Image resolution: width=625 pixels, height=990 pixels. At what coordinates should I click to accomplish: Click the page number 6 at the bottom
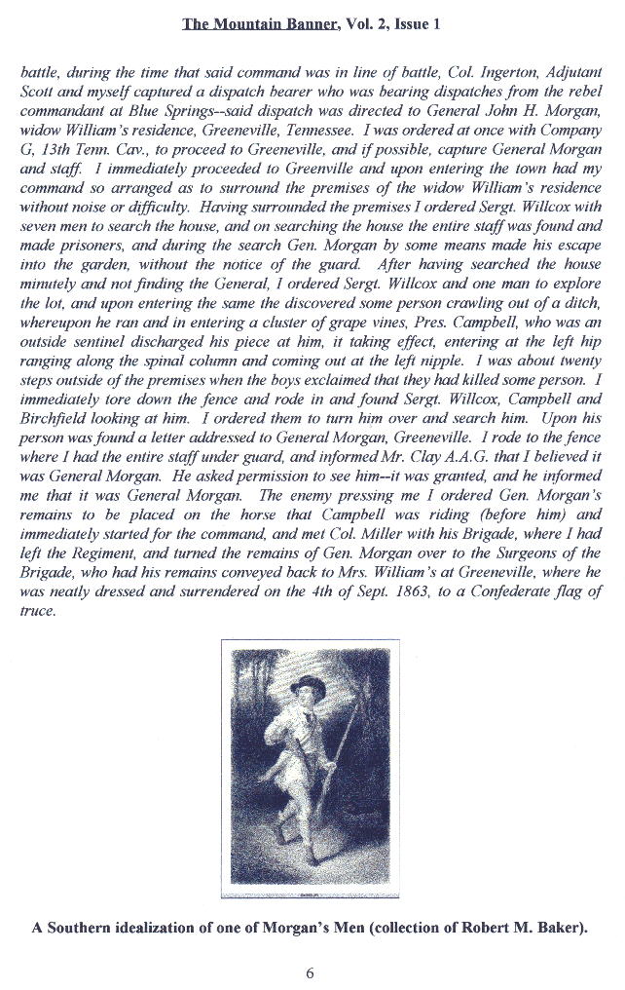pyautogui.click(x=312, y=971)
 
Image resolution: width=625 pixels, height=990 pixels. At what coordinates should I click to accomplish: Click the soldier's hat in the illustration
pyautogui.click(x=312, y=684)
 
